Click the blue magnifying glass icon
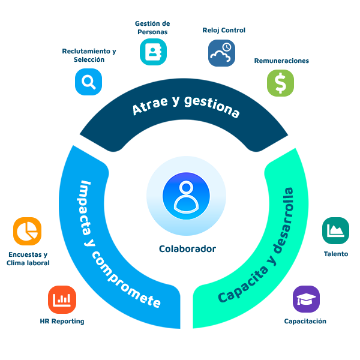pos(88,82)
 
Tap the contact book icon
pos(153,52)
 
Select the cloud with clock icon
pos(221,53)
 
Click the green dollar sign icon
pos(280,83)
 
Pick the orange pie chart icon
pos(27,231)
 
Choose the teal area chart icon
pos(335,230)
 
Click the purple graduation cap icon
pos(306,299)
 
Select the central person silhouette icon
pos(186,196)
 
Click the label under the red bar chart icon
pos(62,321)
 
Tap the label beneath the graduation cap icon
pos(305,321)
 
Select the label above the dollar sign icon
pos(281,61)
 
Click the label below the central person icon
pos(187,248)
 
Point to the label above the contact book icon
pos(152,28)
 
